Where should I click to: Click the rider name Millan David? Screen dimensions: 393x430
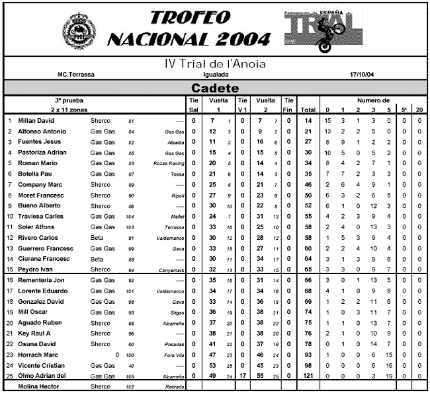point(38,121)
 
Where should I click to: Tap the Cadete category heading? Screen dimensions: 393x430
point(214,88)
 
